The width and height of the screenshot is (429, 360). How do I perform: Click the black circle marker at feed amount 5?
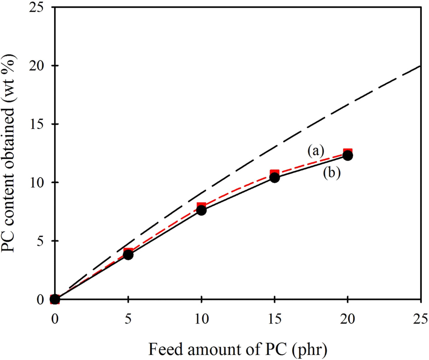[x=128, y=255]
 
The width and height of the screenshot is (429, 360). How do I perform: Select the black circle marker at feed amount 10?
[x=201, y=210]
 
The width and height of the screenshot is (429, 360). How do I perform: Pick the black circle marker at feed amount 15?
[x=274, y=178]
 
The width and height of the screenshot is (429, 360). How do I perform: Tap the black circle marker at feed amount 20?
[x=348, y=156]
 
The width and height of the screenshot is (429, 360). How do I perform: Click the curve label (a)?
[x=315, y=151]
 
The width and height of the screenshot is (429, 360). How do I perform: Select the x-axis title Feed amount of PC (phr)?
[x=238, y=350]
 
